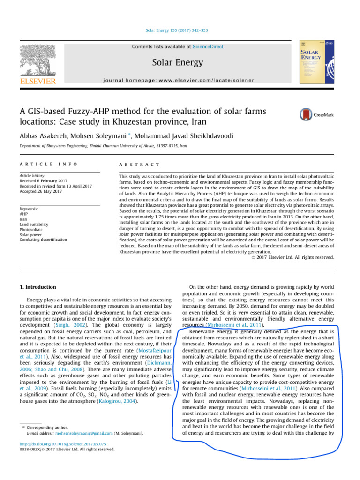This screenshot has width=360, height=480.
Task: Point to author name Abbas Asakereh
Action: click(x=46, y=136)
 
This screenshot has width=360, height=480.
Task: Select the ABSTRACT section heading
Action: click(x=140, y=165)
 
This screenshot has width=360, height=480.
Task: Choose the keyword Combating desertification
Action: click(x=43, y=240)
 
